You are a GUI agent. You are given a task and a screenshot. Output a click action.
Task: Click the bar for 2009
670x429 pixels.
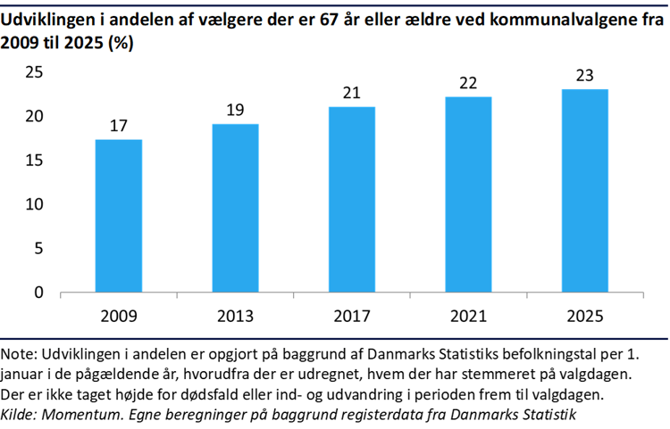tap(119, 216)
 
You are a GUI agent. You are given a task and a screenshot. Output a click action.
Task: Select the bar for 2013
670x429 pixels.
tap(235, 208)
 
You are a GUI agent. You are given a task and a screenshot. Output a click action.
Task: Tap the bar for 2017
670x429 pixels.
tap(352, 199)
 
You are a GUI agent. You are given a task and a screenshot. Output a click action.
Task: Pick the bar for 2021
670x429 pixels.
tap(468, 194)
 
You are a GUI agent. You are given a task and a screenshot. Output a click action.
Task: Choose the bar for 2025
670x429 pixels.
tap(585, 190)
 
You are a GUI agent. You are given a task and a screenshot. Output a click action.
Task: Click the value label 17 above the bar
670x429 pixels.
tap(119, 126)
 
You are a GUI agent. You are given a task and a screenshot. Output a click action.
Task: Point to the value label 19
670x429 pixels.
tap(235, 111)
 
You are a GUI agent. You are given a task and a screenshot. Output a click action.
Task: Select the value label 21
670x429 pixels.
tap(352, 93)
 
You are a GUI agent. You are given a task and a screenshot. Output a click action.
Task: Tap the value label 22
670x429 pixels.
tap(468, 83)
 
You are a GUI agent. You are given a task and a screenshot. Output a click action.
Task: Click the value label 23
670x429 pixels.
tap(585, 76)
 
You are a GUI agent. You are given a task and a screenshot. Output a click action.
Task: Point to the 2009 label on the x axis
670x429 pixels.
tap(119, 317)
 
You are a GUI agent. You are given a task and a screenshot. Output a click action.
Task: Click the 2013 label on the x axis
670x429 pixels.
tap(235, 317)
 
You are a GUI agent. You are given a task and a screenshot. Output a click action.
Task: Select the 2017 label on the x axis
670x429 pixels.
tap(352, 317)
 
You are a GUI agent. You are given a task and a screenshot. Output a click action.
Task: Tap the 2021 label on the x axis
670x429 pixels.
tap(468, 317)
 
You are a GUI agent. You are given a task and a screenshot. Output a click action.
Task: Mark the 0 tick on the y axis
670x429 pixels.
tap(38, 293)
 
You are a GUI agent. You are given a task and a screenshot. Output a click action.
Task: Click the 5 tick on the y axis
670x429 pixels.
tap(38, 249)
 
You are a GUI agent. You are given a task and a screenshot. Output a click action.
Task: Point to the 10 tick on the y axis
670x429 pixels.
tap(34, 205)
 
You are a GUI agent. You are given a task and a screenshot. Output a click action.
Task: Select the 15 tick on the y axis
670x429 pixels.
tap(34, 161)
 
